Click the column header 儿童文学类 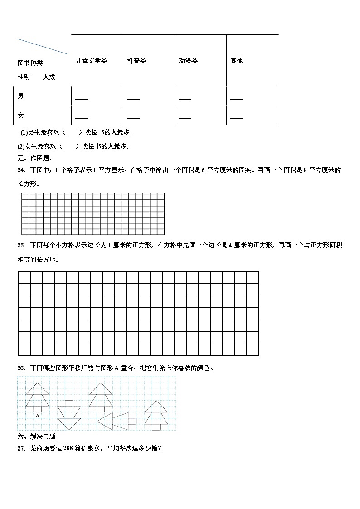(91, 61)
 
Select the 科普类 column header (136, 61)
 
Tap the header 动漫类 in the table (188, 61)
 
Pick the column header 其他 (237, 61)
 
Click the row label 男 (21, 96)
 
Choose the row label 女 (21, 116)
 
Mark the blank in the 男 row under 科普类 (133, 98)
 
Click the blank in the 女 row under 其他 (237, 117)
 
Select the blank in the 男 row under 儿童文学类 (82, 98)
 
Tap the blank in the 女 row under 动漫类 (185, 117)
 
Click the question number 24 (21, 170)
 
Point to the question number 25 (21, 245)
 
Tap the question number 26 (21, 368)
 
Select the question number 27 (21, 448)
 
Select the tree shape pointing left (116, 420)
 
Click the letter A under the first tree (37, 415)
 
